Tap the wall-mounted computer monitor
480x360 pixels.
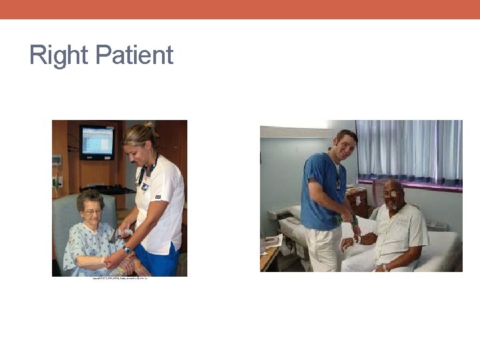pos(97,142)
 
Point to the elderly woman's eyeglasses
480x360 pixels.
pos(92,212)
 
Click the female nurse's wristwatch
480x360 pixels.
pos(127,249)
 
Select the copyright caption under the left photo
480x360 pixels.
pos(120,278)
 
